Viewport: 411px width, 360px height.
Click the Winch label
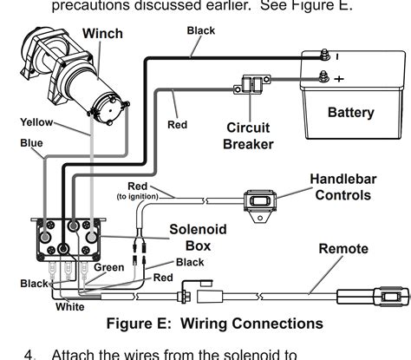coord(102,34)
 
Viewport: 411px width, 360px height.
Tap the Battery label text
coord(350,112)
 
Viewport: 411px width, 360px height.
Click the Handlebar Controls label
coord(342,187)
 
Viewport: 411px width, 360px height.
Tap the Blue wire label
coord(31,142)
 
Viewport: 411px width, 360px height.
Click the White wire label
coord(69,306)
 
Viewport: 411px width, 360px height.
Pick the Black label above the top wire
coord(201,30)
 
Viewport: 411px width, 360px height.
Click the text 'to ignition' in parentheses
coord(137,197)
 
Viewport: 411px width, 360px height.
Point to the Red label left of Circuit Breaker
coord(177,125)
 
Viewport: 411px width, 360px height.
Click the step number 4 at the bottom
coord(31,354)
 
